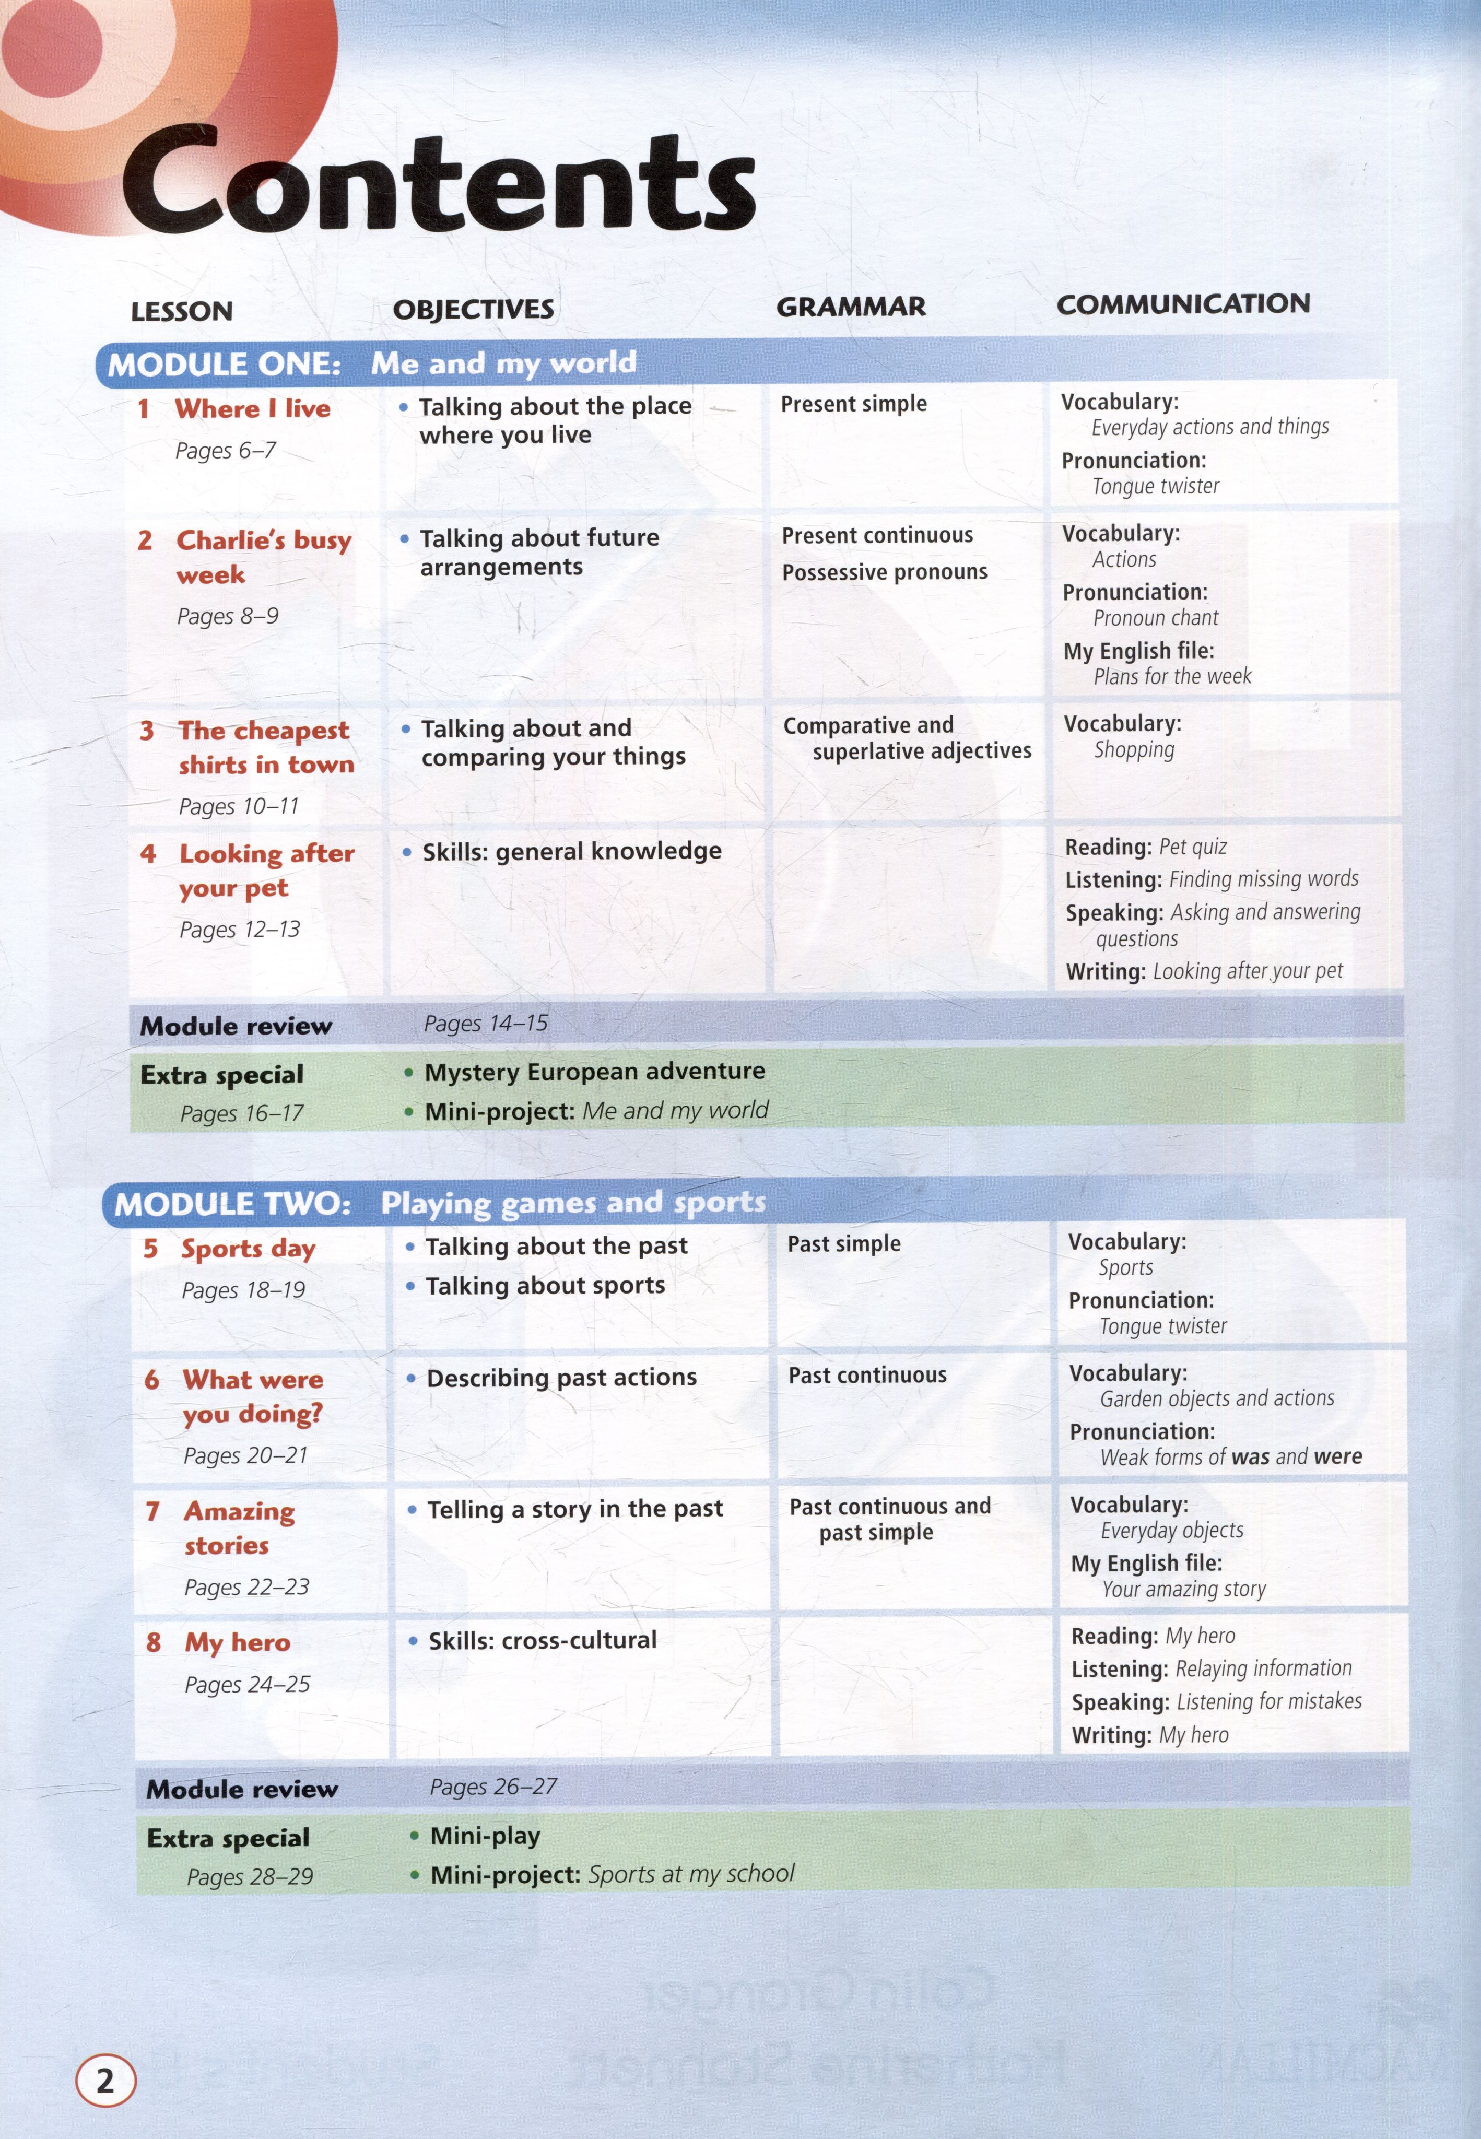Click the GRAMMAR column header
(x=850, y=307)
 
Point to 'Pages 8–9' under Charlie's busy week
(x=227, y=616)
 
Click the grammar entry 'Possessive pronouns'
(x=884, y=572)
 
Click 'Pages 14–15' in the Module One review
(x=485, y=1024)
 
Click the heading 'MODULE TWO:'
(x=232, y=1205)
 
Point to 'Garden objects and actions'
(x=1217, y=1398)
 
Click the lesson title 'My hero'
(x=238, y=1642)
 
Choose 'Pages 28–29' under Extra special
(x=250, y=1876)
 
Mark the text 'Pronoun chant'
(x=1155, y=618)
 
